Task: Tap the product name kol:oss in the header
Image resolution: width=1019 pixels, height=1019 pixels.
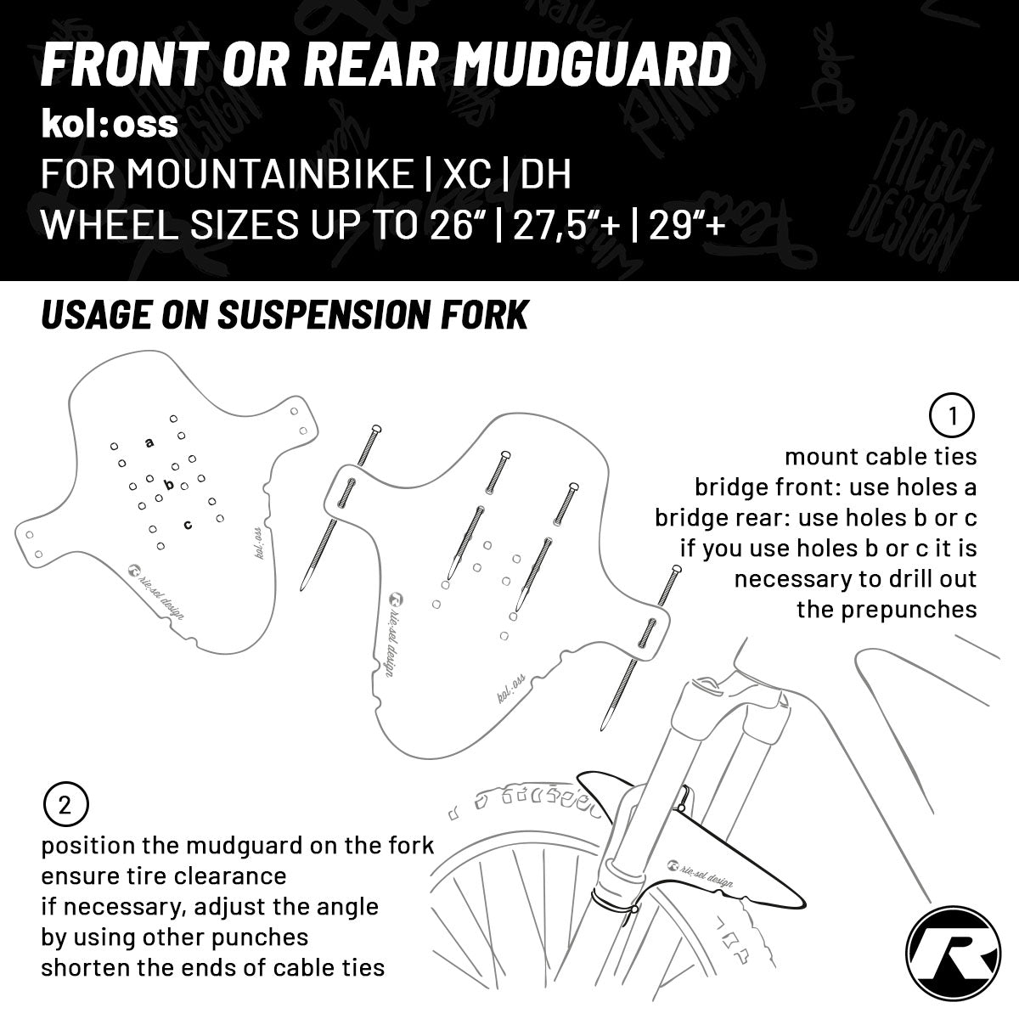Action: click(x=110, y=124)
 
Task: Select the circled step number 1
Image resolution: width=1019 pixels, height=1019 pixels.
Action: click(x=953, y=416)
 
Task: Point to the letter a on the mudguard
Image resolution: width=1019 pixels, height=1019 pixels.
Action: click(x=149, y=442)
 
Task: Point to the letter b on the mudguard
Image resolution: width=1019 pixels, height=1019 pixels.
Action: click(x=169, y=485)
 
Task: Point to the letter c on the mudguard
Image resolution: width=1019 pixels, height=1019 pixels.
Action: click(x=188, y=524)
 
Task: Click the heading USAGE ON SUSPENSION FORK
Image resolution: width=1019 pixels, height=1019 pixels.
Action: click(x=284, y=315)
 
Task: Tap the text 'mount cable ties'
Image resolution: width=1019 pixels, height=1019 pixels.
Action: click(x=881, y=457)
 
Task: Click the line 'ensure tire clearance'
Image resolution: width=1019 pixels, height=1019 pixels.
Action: click(x=164, y=875)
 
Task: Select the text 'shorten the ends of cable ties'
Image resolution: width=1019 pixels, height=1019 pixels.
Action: click(x=213, y=967)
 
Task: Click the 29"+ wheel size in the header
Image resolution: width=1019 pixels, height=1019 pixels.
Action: click(x=686, y=225)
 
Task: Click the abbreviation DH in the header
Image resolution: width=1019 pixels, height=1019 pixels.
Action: click(x=545, y=175)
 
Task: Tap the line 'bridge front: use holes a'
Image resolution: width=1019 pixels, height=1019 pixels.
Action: click(x=836, y=487)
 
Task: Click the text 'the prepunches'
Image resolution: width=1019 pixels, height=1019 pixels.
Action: click(x=887, y=610)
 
